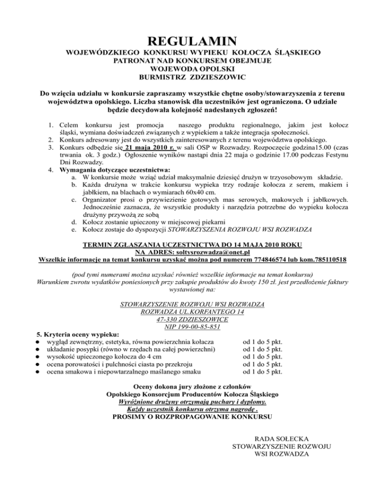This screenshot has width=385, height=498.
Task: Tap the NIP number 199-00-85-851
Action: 193,327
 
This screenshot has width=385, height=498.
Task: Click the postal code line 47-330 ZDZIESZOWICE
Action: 193,319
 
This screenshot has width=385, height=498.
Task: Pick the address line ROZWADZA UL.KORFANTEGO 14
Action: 193,312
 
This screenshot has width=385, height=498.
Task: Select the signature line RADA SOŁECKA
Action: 281,438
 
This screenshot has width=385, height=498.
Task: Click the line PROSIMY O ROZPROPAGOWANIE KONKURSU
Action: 193,416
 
